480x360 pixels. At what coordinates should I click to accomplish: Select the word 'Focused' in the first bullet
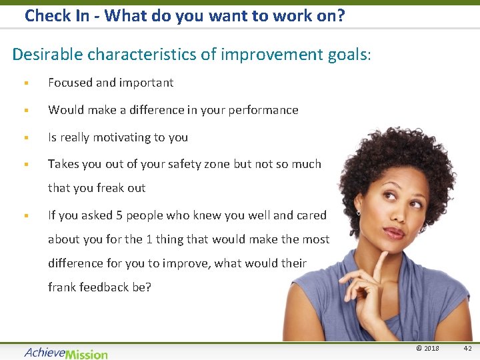coord(70,83)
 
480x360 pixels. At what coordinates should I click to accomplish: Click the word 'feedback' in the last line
coord(105,287)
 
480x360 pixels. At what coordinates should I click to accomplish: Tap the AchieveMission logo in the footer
coord(66,353)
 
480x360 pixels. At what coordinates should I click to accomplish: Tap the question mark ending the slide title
coord(340,15)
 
